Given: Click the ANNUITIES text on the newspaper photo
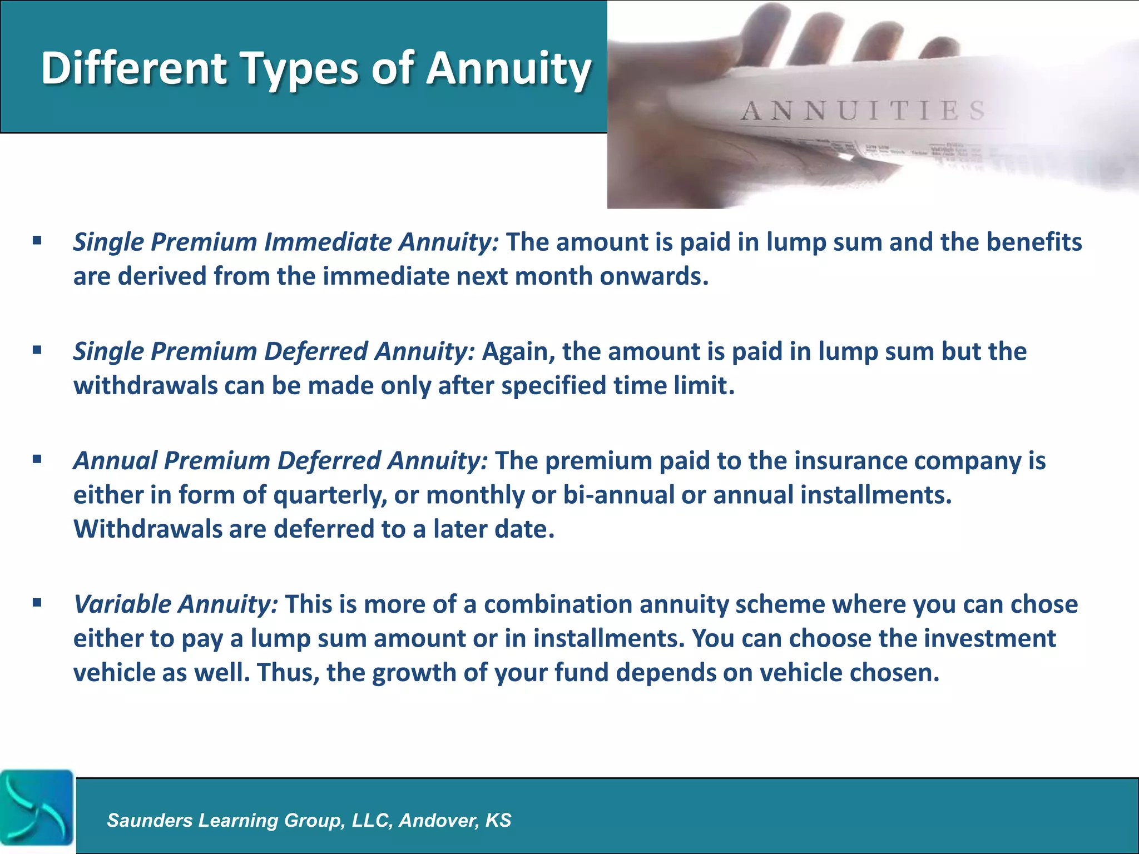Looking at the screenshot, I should pos(862,111).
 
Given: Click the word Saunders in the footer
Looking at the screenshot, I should pos(149,820).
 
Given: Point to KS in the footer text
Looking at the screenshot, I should pos(498,820).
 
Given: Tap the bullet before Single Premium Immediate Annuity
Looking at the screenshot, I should pos(37,241).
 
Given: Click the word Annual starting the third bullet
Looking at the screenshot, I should pos(116,461).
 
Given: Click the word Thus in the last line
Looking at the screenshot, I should pos(288,673).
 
